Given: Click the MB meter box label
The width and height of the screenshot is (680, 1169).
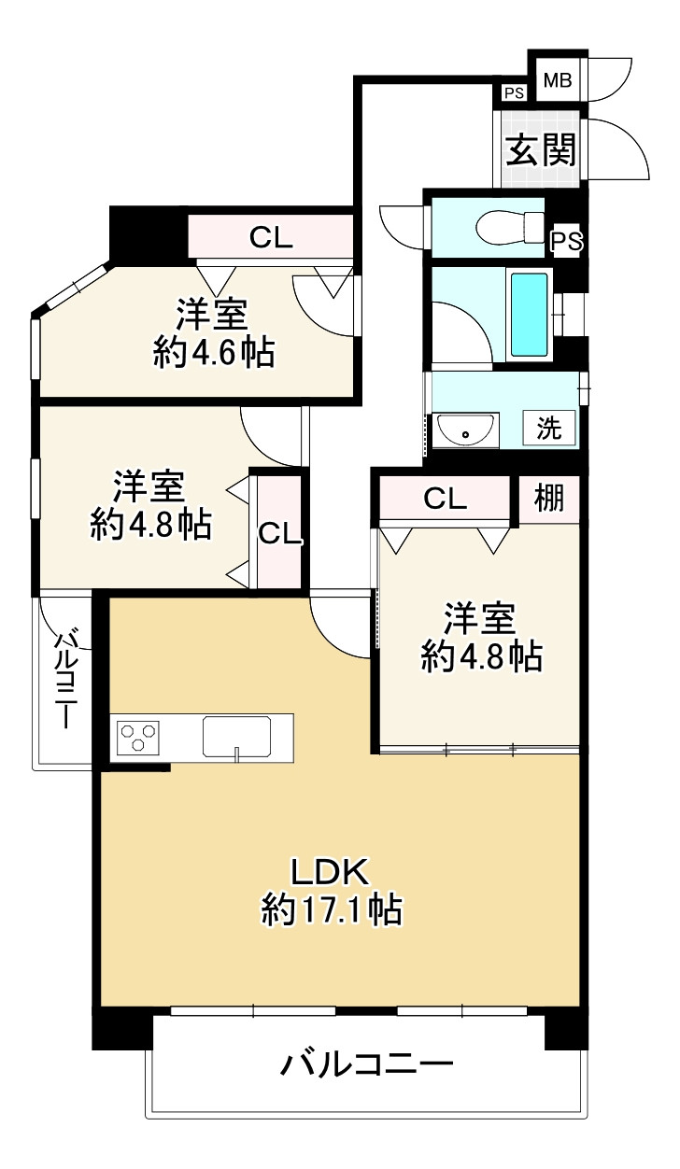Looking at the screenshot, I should point(557,80).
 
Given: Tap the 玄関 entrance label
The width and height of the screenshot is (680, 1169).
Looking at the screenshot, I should point(540,148).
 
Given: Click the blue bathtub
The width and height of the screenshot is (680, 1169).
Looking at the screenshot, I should point(530,317).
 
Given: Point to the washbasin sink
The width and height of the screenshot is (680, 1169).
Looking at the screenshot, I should point(464,431).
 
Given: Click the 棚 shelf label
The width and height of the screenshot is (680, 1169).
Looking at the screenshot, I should point(549,499).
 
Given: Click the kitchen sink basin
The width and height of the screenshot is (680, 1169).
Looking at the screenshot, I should point(237,736).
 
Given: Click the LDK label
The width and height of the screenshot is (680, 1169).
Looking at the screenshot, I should point(332,872).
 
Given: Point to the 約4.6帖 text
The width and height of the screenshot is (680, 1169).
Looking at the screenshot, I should point(214,352).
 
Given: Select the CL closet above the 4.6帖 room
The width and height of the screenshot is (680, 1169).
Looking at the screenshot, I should point(271,237).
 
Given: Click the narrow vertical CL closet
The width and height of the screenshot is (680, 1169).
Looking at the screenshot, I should point(279,533).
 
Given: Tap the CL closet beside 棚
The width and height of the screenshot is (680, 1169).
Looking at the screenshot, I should point(446,499).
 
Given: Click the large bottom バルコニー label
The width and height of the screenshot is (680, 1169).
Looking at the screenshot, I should point(367,1064).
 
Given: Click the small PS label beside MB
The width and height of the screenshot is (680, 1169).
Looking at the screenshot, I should point(513,92).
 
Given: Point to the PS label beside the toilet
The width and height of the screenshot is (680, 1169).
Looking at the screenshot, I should point(566,241).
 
